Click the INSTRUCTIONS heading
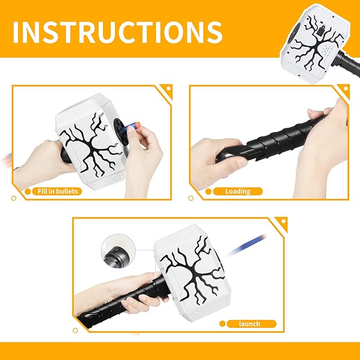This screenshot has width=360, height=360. [117, 32]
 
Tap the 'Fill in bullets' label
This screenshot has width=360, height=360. [57, 191]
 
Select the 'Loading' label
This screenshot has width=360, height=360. [238, 191]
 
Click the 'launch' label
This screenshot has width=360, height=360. [249, 324]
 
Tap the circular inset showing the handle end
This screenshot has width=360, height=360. [118, 251]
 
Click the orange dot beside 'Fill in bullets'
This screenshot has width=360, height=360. [28, 191]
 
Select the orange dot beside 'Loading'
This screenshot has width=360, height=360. [208, 191]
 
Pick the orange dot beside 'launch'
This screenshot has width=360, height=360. [222, 324]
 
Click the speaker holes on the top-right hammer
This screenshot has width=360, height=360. [327, 49]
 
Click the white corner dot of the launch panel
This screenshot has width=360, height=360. [283, 221]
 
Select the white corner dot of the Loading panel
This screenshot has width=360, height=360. [346, 89]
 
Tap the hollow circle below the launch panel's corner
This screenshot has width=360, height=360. [75, 331]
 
